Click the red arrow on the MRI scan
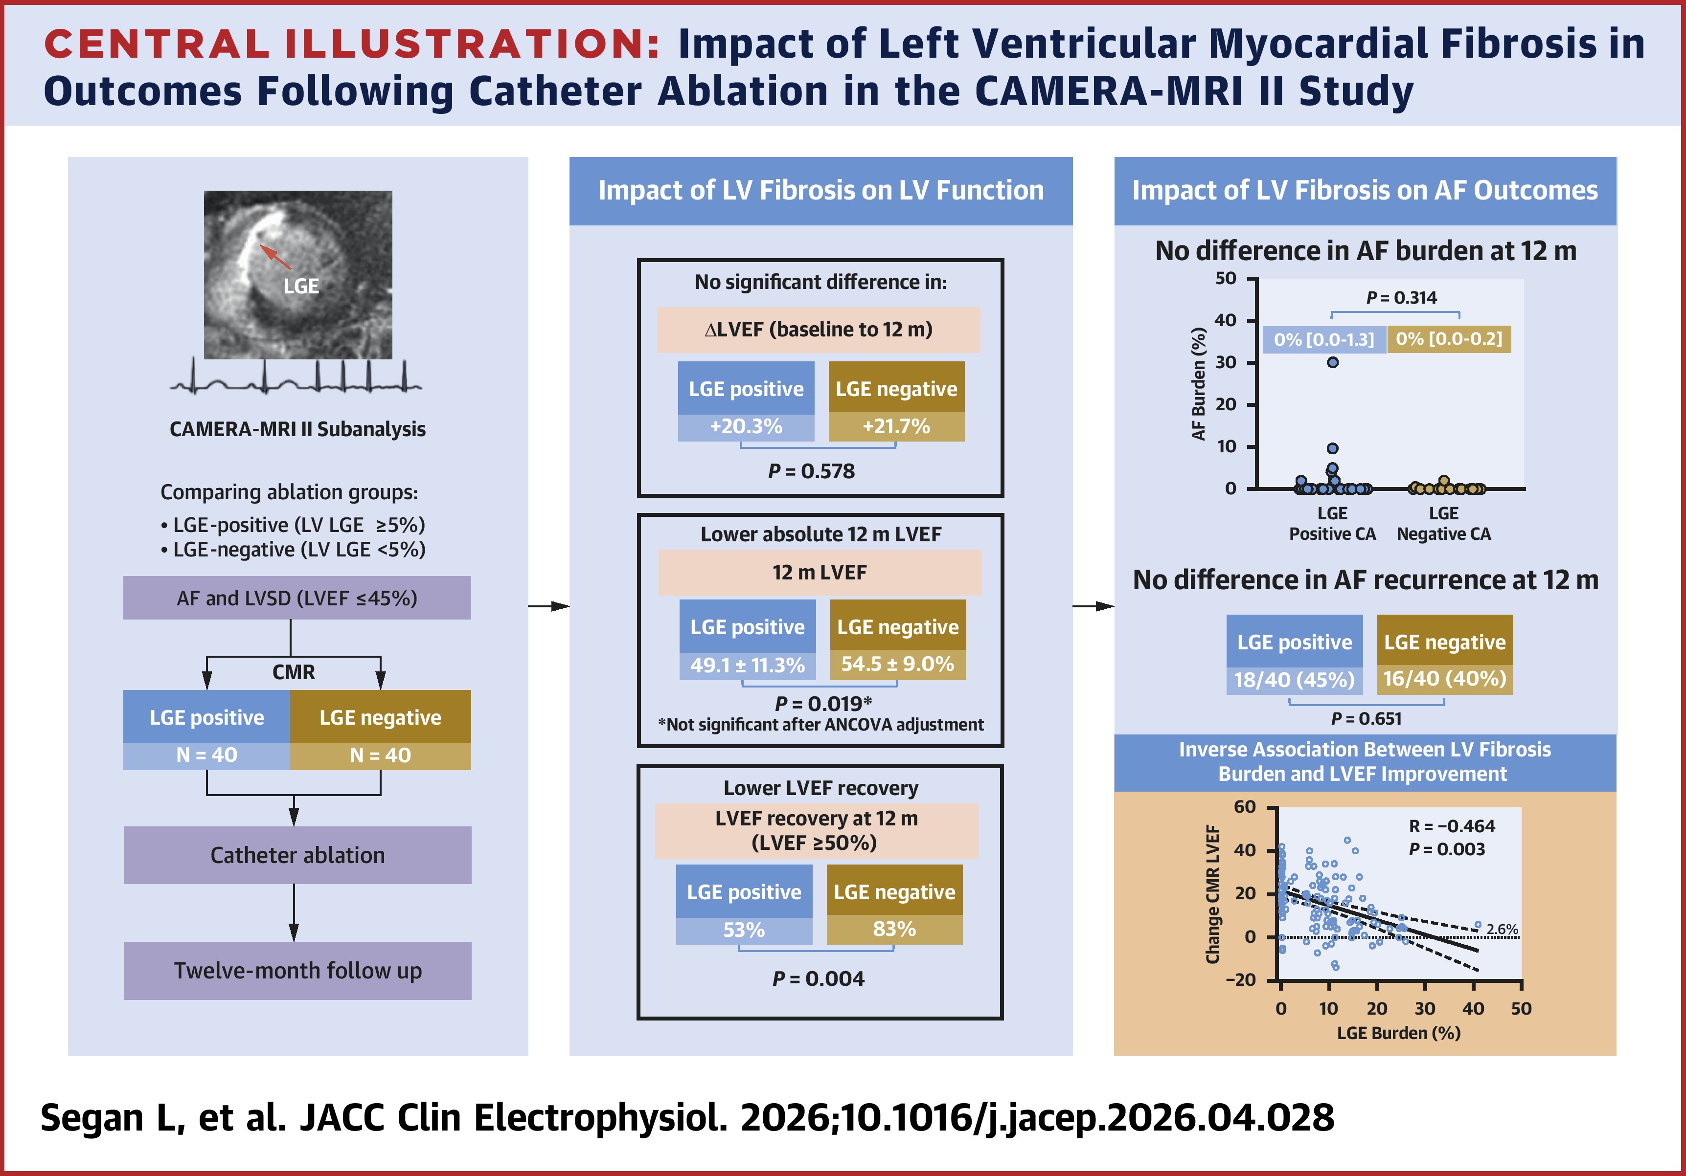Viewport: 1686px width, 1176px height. point(275,256)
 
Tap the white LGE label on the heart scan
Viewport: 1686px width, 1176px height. point(301,286)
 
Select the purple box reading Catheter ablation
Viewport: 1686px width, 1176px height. point(297,855)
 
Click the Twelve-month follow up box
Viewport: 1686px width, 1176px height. point(297,971)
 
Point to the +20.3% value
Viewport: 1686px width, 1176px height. point(746,426)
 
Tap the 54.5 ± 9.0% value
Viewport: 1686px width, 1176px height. point(897,665)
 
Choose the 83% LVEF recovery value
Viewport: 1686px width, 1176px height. point(894,930)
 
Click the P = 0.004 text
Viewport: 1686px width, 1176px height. point(818,978)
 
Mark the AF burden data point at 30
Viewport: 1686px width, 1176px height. point(1333,362)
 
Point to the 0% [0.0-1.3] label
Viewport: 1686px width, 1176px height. point(1324,339)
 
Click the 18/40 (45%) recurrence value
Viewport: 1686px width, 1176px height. point(1294,680)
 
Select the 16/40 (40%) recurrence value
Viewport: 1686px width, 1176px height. point(1444,678)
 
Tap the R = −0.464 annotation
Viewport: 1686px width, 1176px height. point(1452,826)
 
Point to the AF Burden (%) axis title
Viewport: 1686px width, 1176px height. point(1198,383)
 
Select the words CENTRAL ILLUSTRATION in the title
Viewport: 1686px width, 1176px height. point(352,44)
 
